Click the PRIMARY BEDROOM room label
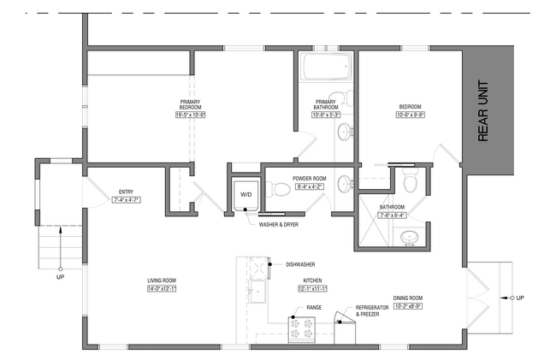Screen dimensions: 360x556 (x=191, y=104)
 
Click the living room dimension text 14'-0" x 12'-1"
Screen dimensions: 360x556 (x=163, y=288)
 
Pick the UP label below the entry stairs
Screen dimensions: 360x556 (x=60, y=278)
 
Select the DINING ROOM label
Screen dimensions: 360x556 (x=408, y=298)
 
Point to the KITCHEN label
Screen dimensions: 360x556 (x=312, y=280)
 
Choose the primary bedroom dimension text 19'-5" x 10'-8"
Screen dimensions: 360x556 (x=191, y=115)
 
